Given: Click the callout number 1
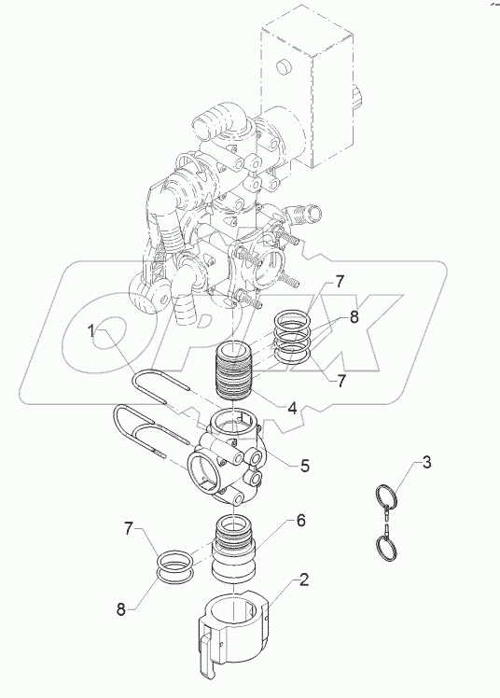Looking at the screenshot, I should tap(93, 329).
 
